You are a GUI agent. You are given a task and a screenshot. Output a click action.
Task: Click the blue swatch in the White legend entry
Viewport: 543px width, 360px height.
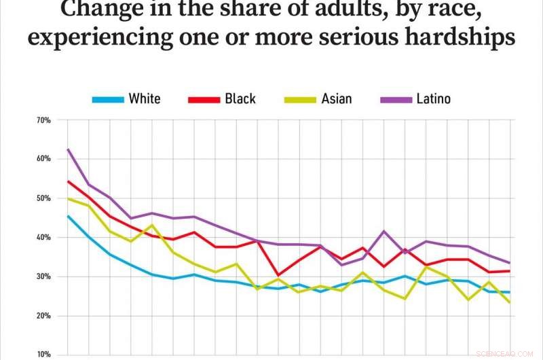[108, 99]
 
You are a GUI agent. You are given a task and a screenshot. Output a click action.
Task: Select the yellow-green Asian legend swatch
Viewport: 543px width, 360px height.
[299, 99]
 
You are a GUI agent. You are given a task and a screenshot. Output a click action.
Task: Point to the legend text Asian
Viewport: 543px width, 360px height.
[337, 99]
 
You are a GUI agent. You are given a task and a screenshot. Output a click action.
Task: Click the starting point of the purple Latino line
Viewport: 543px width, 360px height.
[68, 149]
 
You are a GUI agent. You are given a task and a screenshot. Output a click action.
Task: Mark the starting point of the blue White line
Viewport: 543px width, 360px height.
[68, 216]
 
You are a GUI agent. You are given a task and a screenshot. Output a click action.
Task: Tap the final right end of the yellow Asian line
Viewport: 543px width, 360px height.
[509, 302]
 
